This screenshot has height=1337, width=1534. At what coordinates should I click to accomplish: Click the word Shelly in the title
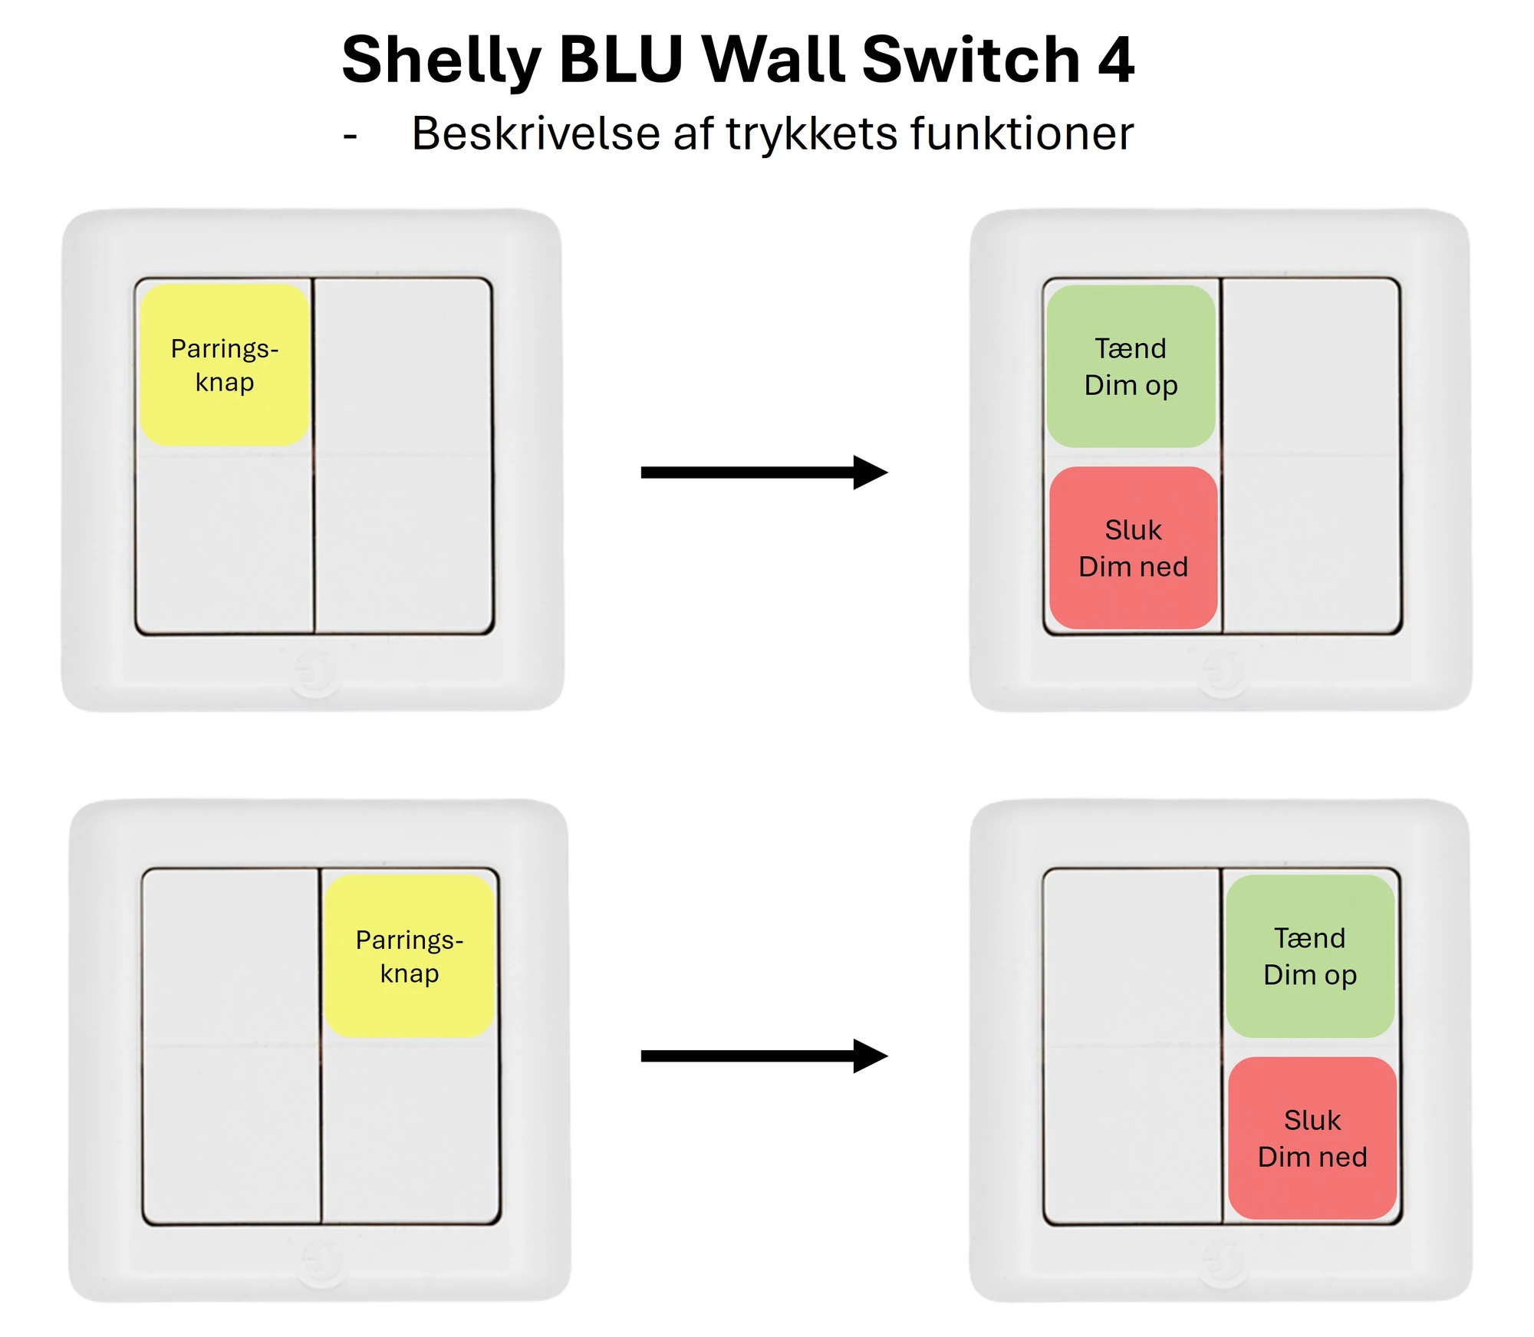tap(441, 61)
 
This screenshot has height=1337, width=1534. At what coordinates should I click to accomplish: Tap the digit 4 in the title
tap(1116, 60)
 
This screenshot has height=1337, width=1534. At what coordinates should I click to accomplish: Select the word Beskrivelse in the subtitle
tap(536, 133)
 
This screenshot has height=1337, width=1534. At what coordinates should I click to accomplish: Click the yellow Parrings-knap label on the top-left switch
tap(225, 365)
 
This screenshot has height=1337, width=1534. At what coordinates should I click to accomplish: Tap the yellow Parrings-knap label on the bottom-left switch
tap(409, 957)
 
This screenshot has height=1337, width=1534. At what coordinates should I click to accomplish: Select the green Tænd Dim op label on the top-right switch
tap(1131, 367)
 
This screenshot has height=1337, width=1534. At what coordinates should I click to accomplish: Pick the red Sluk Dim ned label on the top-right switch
tap(1134, 548)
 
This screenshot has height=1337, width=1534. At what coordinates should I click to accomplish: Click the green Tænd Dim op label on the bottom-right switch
tap(1310, 957)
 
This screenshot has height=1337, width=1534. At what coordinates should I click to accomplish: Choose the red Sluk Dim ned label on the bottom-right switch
tap(1312, 1138)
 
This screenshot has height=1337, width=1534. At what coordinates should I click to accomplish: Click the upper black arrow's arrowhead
tap(871, 473)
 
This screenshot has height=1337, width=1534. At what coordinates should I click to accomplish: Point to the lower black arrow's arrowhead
tap(871, 1056)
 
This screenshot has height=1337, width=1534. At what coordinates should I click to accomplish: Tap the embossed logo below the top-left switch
tap(315, 673)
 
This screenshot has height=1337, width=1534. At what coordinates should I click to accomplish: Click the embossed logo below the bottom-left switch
tap(321, 1263)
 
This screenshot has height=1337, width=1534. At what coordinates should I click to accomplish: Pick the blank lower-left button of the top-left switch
tap(225, 544)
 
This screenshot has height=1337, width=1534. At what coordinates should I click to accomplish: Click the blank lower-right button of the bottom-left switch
tap(410, 1134)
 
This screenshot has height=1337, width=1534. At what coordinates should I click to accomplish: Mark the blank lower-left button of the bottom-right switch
tap(1132, 1134)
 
